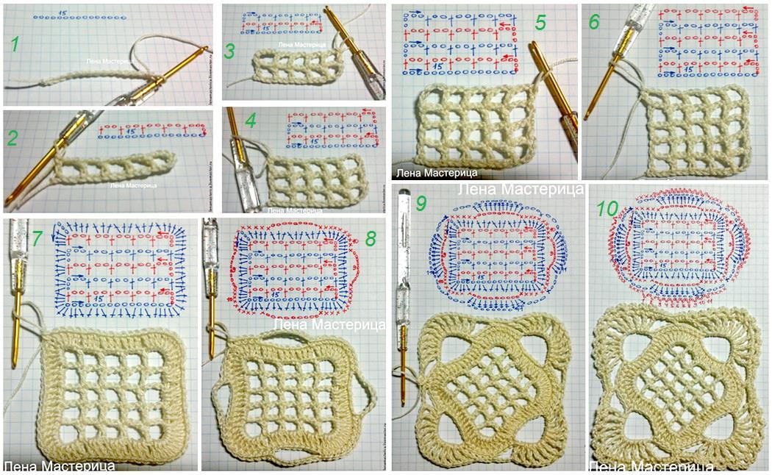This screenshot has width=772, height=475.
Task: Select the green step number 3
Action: pos(229,51)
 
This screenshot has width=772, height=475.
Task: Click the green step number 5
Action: pos(540,22)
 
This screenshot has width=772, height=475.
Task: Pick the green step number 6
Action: pos(593,22)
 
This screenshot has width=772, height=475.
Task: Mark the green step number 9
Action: pos(421,204)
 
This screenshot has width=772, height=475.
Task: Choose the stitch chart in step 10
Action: pos(679,250)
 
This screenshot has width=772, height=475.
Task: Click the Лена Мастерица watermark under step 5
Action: pos(437,173)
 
